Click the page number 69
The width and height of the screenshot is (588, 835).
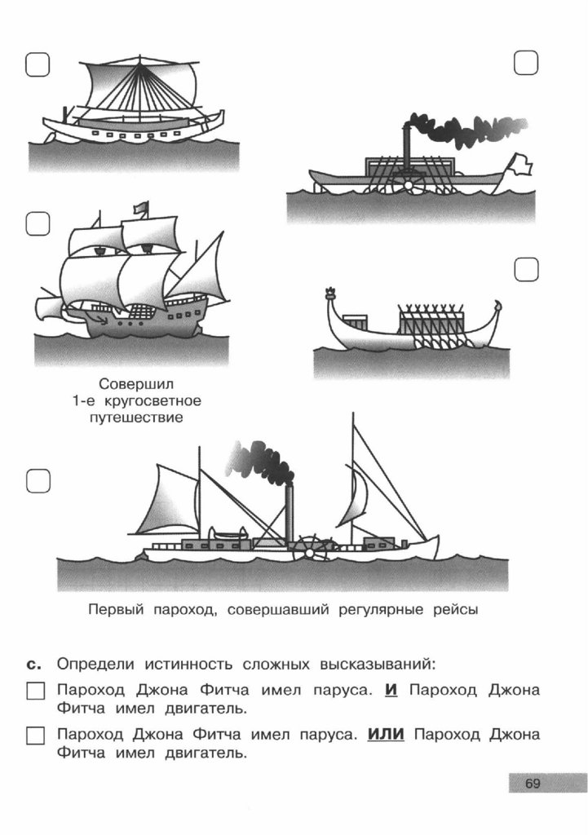pyautogui.click(x=533, y=784)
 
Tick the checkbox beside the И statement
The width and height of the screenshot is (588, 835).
pyautogui.click(x=35, y=691)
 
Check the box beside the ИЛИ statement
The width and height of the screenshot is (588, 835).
pyautogui.click(x=35, y=736)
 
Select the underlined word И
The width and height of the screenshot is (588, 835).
pyautogui.click(x=391, y=690)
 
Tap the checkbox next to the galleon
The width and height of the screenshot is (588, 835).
pyautogui.click(x=38, y=223)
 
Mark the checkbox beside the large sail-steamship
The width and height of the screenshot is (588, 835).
pyautogui.click(x=38, y=481)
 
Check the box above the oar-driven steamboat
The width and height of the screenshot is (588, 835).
pyautogui.click(x=527, y=62)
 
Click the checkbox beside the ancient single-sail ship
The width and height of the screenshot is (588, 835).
pyautogui.click(x=38, y=64)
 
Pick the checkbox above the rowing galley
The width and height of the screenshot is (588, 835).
pyautogui.click(x=527, y=270)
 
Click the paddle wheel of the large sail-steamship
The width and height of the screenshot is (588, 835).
pyautogui.click(x=310, y=548)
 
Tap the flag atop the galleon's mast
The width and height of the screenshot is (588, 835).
pyautogui.click(x=142, y=208)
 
